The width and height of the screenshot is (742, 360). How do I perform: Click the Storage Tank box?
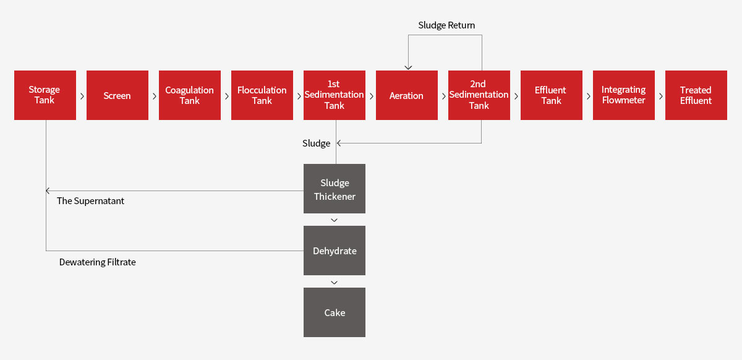point(45,95)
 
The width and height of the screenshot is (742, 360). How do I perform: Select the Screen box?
point(117,95)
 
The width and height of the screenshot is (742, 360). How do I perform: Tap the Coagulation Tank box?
point(190,95)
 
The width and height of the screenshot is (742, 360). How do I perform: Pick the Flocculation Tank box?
point(262,95)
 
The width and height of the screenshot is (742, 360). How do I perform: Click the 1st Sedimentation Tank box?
point(335,95)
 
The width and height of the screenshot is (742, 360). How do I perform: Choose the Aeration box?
point(407,95)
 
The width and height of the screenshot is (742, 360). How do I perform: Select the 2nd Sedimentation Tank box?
point(479,95)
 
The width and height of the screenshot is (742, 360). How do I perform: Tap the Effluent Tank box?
point(552,95)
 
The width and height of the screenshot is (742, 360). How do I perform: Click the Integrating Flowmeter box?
point(624,95)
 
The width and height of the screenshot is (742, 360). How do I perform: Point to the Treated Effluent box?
point(696,95)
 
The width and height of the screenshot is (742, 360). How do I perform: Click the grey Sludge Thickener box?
point(335,189)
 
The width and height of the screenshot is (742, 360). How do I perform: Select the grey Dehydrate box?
point(335,251)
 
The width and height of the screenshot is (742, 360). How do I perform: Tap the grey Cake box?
point(335,312)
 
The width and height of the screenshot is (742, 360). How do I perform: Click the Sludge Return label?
point(446,25)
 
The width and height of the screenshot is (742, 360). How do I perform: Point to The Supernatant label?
point(90,201)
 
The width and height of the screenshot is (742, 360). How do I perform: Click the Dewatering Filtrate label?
point(98,262)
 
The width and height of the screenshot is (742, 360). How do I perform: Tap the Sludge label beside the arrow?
point(317,144)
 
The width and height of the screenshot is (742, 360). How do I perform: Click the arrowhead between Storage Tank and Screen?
point(82,96)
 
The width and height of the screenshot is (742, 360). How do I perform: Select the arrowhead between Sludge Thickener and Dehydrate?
point(335,220)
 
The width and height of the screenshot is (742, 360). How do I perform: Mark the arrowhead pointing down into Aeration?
point(409,67)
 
